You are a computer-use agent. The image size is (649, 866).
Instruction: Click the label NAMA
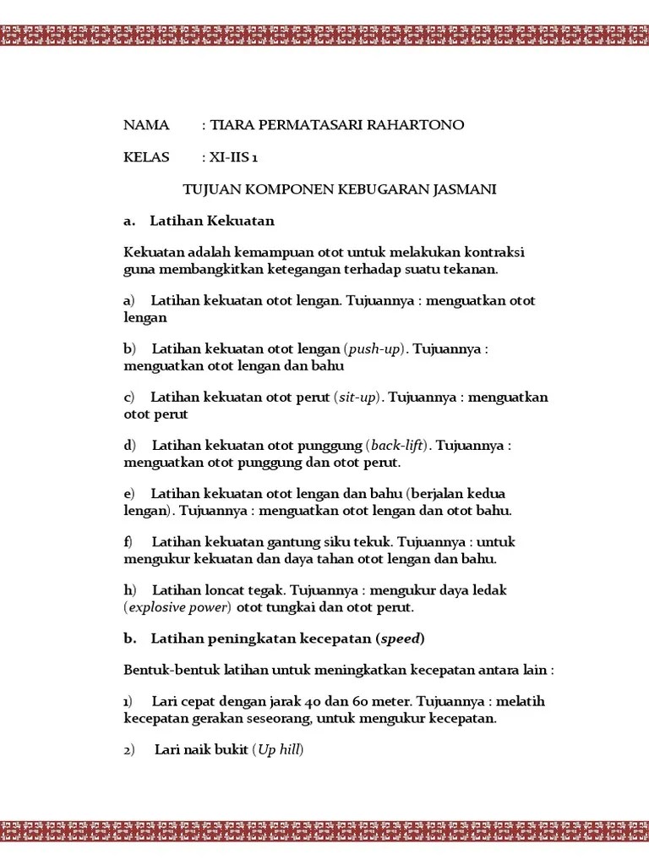coord(146,125)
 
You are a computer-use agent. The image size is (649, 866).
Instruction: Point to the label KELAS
coord(146,157)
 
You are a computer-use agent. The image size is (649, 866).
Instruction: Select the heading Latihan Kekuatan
coord(212,221)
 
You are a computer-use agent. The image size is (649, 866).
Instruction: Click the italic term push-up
coord(375,349)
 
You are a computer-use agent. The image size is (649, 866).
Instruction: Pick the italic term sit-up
coord(357,397)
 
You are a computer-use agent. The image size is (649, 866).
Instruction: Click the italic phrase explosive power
coord(178,607)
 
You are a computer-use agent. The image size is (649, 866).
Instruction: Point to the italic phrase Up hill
coord(278,750)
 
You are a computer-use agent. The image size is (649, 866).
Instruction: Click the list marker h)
coord(129,589)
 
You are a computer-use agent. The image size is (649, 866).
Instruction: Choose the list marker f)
coord(128,541)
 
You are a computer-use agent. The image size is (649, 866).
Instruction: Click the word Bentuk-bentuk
coord(164,671)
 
